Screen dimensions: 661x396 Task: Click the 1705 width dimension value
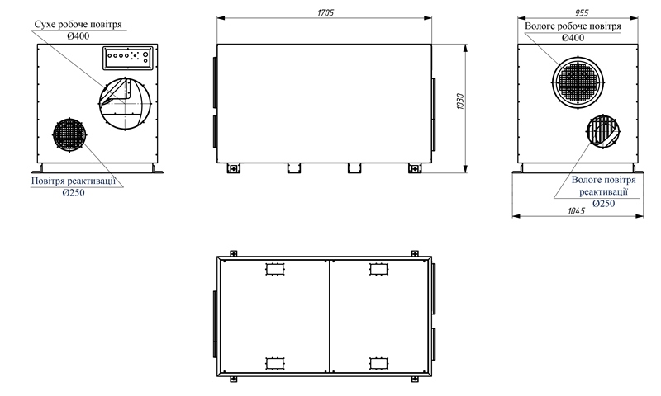pyautogui.click(x=326, y=12)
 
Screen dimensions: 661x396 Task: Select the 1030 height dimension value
pyautogui.click(x=460, y=101)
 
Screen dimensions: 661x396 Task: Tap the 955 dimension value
pyautogui.click(x=582, y=13)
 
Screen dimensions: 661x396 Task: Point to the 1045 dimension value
pyautogui.click(x=576, y=211)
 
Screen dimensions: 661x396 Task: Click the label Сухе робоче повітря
pyautogui.click(x=78, y=24)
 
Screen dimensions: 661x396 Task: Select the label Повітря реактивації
pyautogui.click(x=74, y=181)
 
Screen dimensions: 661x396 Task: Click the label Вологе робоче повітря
pyautogui.click(x=573, y=26)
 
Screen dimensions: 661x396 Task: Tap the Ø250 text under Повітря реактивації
pyautogui.click(x=74, y=193)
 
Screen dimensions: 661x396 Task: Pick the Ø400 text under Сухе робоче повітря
pyautogui.click(x=78, y=35)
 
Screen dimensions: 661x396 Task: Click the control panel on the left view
pyautogui.click(x=127, y=58)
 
